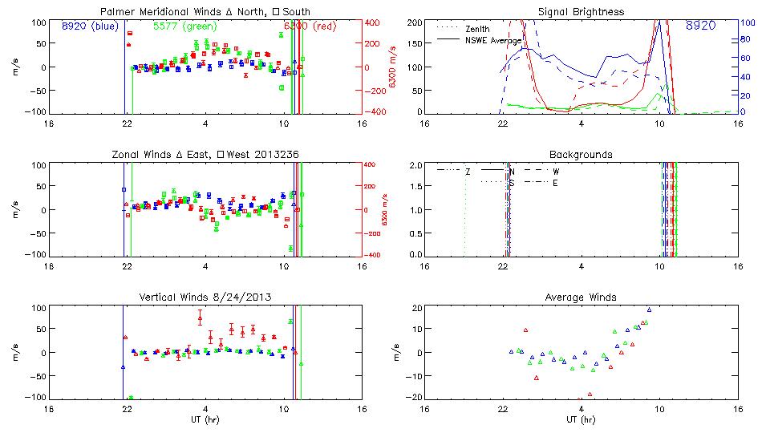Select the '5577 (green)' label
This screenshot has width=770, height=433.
coord(183,26)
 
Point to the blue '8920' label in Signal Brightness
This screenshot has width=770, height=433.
coord(699,26)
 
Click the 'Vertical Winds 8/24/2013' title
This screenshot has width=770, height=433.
coord(205,297)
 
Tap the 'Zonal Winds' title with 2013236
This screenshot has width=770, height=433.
coord(205,154)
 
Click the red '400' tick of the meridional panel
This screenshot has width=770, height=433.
coord(376,22)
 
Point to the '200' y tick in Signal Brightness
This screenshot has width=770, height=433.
coord(414,22)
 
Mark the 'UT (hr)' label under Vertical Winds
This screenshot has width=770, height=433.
coord(205,419)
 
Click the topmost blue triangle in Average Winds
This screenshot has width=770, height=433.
coord(649,310)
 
